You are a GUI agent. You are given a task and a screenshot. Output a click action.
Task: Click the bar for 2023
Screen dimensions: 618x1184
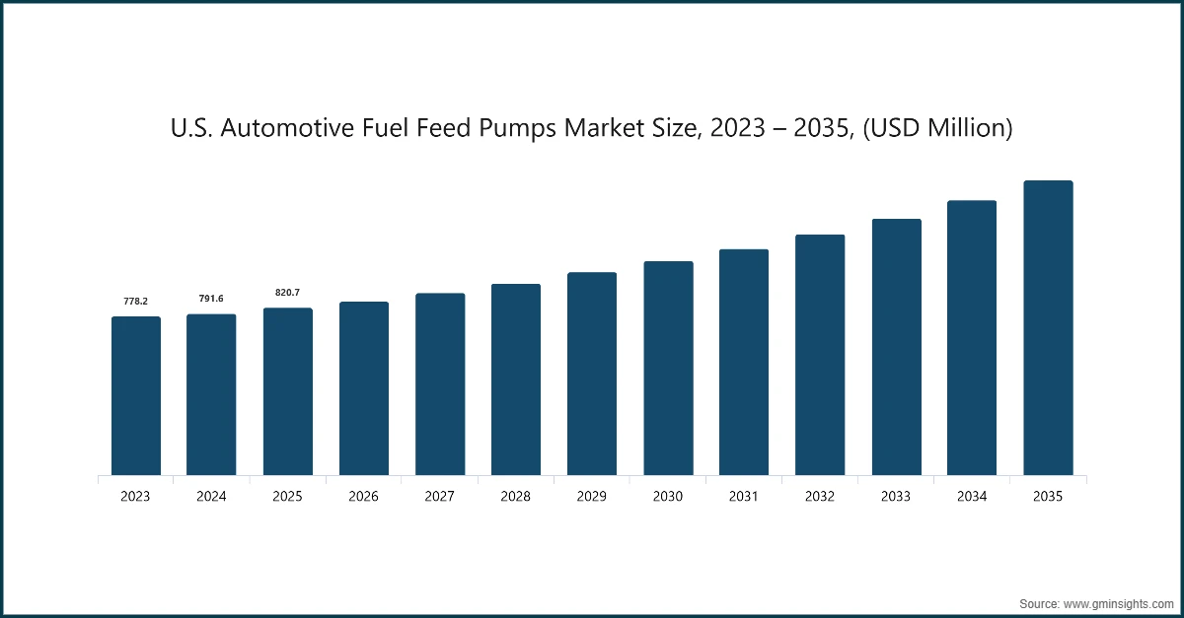tap(135, 396)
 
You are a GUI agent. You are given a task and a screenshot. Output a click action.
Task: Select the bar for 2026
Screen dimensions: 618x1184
tap(363, 388)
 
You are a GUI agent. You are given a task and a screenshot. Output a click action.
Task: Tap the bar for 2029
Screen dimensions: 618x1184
tap(592, 374)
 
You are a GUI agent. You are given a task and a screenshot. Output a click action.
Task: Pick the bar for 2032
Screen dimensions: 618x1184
tap(820, 355)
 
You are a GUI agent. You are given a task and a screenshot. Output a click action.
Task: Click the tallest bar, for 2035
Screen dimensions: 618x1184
tap(1048, 328)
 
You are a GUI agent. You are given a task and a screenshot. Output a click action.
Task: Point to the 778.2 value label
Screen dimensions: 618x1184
tap(135, 300)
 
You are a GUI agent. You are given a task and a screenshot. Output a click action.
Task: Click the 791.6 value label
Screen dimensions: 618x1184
tap(211, 298)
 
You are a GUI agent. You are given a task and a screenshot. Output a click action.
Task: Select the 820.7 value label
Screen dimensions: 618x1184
tap(287, 292)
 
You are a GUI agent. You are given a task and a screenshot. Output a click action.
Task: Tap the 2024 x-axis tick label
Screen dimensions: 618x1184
tap(211, 497)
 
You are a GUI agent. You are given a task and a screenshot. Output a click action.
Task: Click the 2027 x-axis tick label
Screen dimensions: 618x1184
tap(439, 497)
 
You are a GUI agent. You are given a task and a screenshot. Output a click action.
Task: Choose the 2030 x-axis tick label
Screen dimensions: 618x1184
tap(668, 497)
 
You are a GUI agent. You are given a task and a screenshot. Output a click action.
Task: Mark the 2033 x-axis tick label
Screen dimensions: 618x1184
tap(896, 497)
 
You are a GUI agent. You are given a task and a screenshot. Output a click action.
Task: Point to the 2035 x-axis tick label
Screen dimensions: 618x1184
tap(1048, 497)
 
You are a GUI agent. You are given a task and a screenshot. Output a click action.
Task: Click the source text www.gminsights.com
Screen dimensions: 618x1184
tap(1117, 601)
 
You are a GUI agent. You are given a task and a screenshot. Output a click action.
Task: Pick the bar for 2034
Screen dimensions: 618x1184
tap(972, 338)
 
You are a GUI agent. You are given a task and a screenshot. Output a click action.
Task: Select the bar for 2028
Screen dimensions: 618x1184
tap(516, 379)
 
